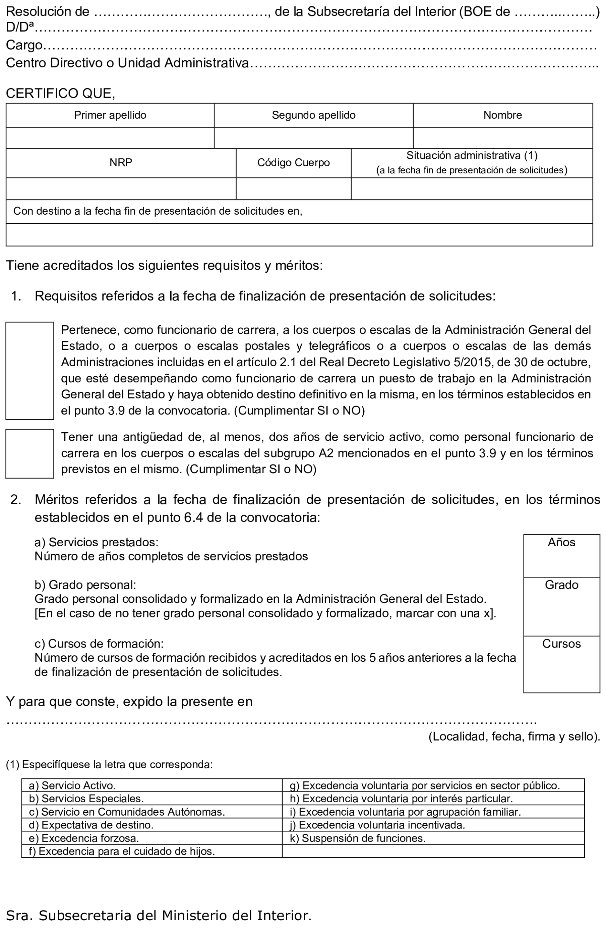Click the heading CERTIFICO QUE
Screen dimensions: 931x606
(61, 93)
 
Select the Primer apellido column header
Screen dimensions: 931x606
(110, 115)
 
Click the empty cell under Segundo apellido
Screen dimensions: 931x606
(313, 138)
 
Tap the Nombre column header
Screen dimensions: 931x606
(502, 115)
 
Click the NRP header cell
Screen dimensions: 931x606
(121, 162)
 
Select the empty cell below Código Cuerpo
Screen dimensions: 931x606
(293, 188)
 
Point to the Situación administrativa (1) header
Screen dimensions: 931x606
(472, 156)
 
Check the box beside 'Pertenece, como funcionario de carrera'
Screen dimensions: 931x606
(30, 371)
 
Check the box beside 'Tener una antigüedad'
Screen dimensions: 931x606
(30, 453)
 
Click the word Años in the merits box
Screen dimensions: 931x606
(561, 542)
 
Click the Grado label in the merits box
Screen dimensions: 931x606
(561, 585)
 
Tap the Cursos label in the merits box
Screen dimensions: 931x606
(561, 644)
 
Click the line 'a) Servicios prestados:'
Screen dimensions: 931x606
(96, 542)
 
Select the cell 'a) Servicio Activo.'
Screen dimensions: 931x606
(72, 785)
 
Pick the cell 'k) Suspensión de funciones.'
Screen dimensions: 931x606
(357, 838)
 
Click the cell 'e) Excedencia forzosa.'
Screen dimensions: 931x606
(84, 838)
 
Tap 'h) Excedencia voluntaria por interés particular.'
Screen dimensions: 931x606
(401, 799)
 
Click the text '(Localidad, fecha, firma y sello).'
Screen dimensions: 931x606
(514, 736)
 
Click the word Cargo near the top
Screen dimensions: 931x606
(24, 45)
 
